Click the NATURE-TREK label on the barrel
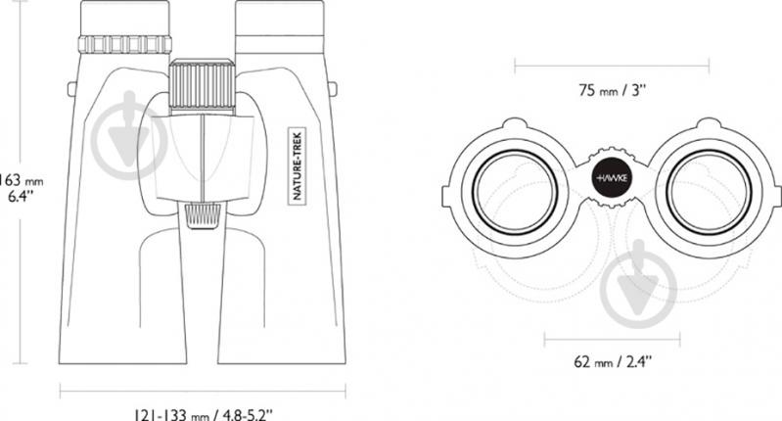(298, 166)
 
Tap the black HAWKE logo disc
(611, 177)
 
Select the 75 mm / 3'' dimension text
(612, 90)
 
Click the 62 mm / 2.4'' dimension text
(612, 361)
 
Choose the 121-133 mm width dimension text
(203, 414)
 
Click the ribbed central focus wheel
(202, 85)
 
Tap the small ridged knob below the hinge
(203, 215)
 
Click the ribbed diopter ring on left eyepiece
(125, 44)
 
